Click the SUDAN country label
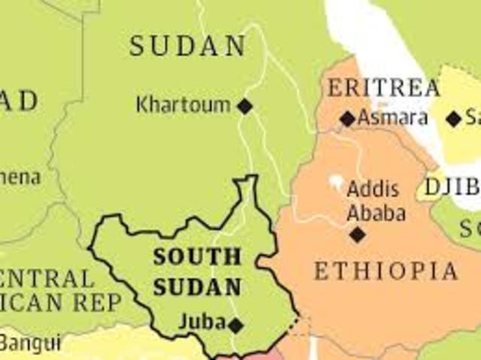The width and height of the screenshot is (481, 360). coord(188,47)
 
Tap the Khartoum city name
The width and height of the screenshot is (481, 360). coord(183,105)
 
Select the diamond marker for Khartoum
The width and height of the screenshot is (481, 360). coord(245,106)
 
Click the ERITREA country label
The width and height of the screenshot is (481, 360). coord(383,89)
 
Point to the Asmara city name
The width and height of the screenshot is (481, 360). coord(393,118)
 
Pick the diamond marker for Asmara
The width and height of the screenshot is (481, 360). coord(347,119)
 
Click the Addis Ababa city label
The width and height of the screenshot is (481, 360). coord(375,201)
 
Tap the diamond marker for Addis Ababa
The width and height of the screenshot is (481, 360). coord(358,234)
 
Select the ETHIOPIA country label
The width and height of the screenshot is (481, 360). coord(386,271)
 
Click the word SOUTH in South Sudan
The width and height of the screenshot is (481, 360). coord(198,256)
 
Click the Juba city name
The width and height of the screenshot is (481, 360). coord(201,322)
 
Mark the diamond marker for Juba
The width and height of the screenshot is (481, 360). coord(236,325)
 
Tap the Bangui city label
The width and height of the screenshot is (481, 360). coord(30,343)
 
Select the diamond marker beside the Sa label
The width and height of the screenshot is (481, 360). coord(453,119)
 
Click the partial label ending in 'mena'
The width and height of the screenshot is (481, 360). coord(20,178)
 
